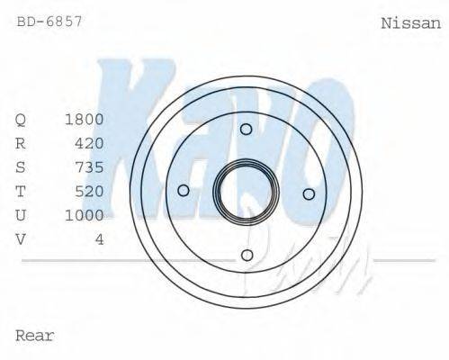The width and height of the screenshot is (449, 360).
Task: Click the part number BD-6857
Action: pos(49,19)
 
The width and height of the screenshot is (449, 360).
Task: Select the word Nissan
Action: pos(411,23)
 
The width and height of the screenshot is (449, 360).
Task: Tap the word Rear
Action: pos(35,336)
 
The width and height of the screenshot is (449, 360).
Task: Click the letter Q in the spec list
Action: pos(22,120)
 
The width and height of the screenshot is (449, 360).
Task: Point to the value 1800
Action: pos(85,120)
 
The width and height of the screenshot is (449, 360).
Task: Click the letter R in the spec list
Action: pos(22,143)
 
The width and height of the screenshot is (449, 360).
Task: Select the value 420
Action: pos(90,143)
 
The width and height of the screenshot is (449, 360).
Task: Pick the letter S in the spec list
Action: pos(22,167)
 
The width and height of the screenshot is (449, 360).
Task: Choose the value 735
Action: pos(90,167)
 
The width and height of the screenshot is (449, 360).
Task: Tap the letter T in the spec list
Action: pos(22,191)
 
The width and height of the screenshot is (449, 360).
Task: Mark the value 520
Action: pos(90,191)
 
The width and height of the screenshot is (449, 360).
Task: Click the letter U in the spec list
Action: pos(22,215)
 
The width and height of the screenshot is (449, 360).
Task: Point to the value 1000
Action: pos(85,215)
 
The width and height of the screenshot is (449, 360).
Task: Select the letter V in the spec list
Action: pos(22,238)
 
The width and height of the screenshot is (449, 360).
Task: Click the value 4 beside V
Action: pos(100,238)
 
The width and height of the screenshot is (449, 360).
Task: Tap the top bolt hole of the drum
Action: pos(246,129)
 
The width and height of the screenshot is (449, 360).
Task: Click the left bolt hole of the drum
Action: pos(184,190)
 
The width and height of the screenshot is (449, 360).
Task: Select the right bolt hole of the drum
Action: pos(308,193)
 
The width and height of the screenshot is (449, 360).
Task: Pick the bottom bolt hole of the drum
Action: pos(247,255)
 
